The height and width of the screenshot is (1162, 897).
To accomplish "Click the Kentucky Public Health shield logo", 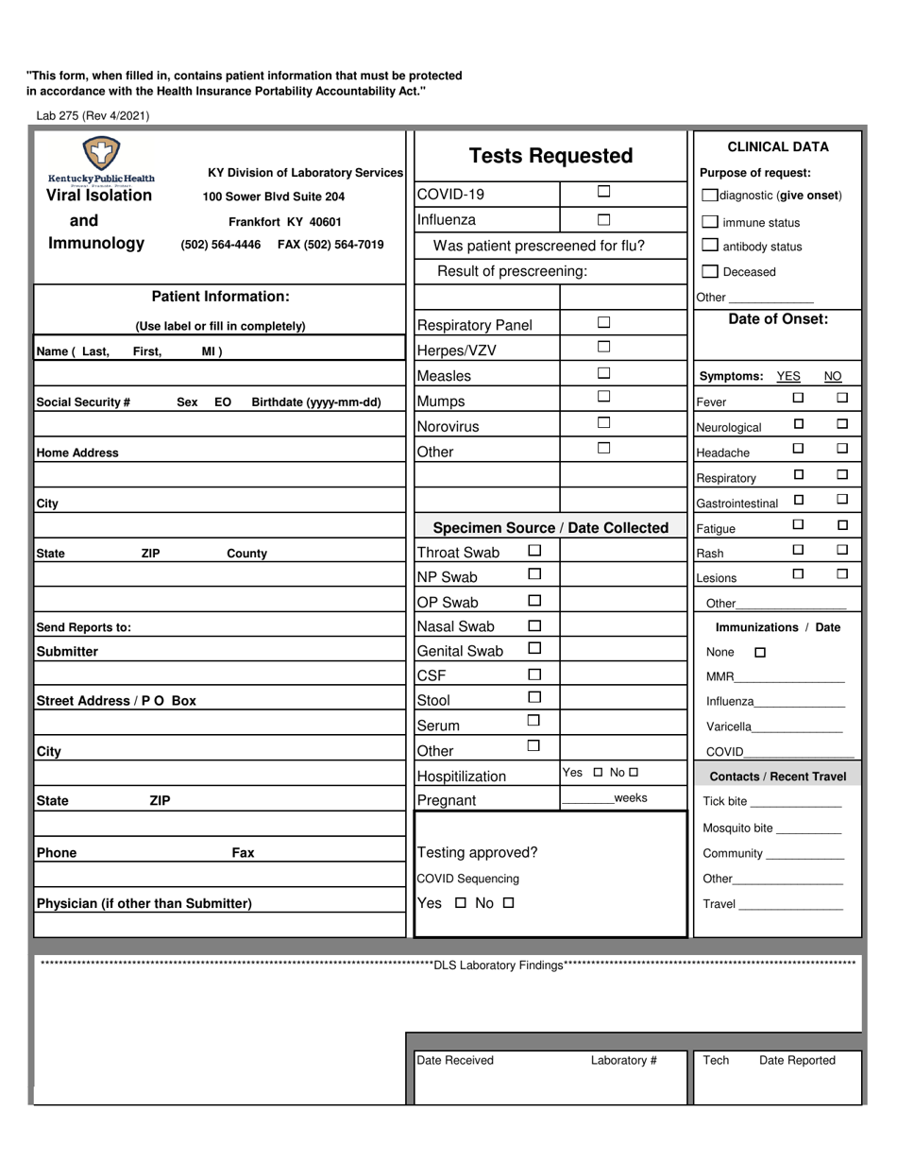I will (x=101, y=153).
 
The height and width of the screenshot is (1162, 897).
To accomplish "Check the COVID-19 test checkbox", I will (x=604, y=192).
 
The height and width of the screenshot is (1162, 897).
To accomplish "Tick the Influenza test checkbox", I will (x=604, y=219).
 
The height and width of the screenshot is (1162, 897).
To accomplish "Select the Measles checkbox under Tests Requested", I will (x=604, y=373).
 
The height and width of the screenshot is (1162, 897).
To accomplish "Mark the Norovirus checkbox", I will (x=604, y=423).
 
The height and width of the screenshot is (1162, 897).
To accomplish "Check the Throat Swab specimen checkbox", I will (x=534, y=550).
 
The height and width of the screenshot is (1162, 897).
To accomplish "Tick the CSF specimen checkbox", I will (x=534, y=675).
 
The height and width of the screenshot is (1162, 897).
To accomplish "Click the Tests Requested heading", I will (x=550, y=156).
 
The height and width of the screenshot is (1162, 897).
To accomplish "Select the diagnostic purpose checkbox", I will (x=709, y=196).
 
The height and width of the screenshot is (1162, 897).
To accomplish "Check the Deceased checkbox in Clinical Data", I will (x=709, y=272).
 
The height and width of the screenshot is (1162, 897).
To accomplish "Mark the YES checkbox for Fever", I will (x=798, y=398).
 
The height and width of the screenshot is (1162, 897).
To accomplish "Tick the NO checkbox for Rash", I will (x=842, y=550).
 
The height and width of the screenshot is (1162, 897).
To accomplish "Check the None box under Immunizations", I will (x=760, y=652).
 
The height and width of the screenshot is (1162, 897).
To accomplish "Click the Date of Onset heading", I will (x=778, y=319).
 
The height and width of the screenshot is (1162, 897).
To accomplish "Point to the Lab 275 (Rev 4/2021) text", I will (x=93, y=116).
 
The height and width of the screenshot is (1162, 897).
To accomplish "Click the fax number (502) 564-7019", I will (x=330, y=245).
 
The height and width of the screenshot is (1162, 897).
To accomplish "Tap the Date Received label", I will (x=455, y=1060).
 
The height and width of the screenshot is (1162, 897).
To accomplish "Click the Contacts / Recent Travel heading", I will (x=777, y=777).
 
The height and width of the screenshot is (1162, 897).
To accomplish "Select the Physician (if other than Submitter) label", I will (x=144, y=903).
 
